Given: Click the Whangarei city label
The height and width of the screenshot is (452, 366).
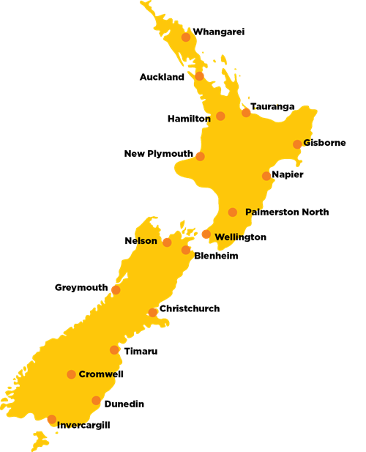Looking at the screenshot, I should pos(218,32).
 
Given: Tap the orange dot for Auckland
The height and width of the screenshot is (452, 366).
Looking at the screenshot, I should pos(199,75).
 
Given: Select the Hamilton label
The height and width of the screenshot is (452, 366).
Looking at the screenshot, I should pos(189,117).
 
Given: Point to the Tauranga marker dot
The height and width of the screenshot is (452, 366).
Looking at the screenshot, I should pos(246,112).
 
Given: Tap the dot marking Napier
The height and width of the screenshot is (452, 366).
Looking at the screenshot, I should pos(266,176).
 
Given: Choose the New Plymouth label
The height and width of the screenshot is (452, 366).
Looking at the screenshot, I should pos(159,154).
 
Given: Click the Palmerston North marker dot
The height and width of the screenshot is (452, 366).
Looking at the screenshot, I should pos(233,212).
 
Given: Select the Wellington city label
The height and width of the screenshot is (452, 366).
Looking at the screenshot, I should pos(241,237).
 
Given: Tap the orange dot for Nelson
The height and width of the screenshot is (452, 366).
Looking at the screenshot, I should pos(167,242).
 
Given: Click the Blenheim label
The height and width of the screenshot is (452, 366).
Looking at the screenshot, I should pos(216,256).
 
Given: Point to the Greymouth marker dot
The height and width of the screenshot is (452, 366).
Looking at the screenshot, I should pos(116,290).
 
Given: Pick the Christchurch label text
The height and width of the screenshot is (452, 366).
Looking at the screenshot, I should pos(189,309).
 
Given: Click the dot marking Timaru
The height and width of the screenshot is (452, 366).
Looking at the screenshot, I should pos(114,350).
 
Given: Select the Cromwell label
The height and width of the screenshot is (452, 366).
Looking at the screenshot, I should pos(101,374).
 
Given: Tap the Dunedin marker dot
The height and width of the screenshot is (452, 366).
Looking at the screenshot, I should pos(96,401).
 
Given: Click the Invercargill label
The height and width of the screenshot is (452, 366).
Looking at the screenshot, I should pos(84,425).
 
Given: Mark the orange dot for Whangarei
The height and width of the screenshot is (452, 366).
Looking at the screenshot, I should pos(186,37).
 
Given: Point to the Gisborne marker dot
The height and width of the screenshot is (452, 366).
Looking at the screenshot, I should pos(297,144).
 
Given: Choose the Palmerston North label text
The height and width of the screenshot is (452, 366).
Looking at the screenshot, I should pos(287,212).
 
